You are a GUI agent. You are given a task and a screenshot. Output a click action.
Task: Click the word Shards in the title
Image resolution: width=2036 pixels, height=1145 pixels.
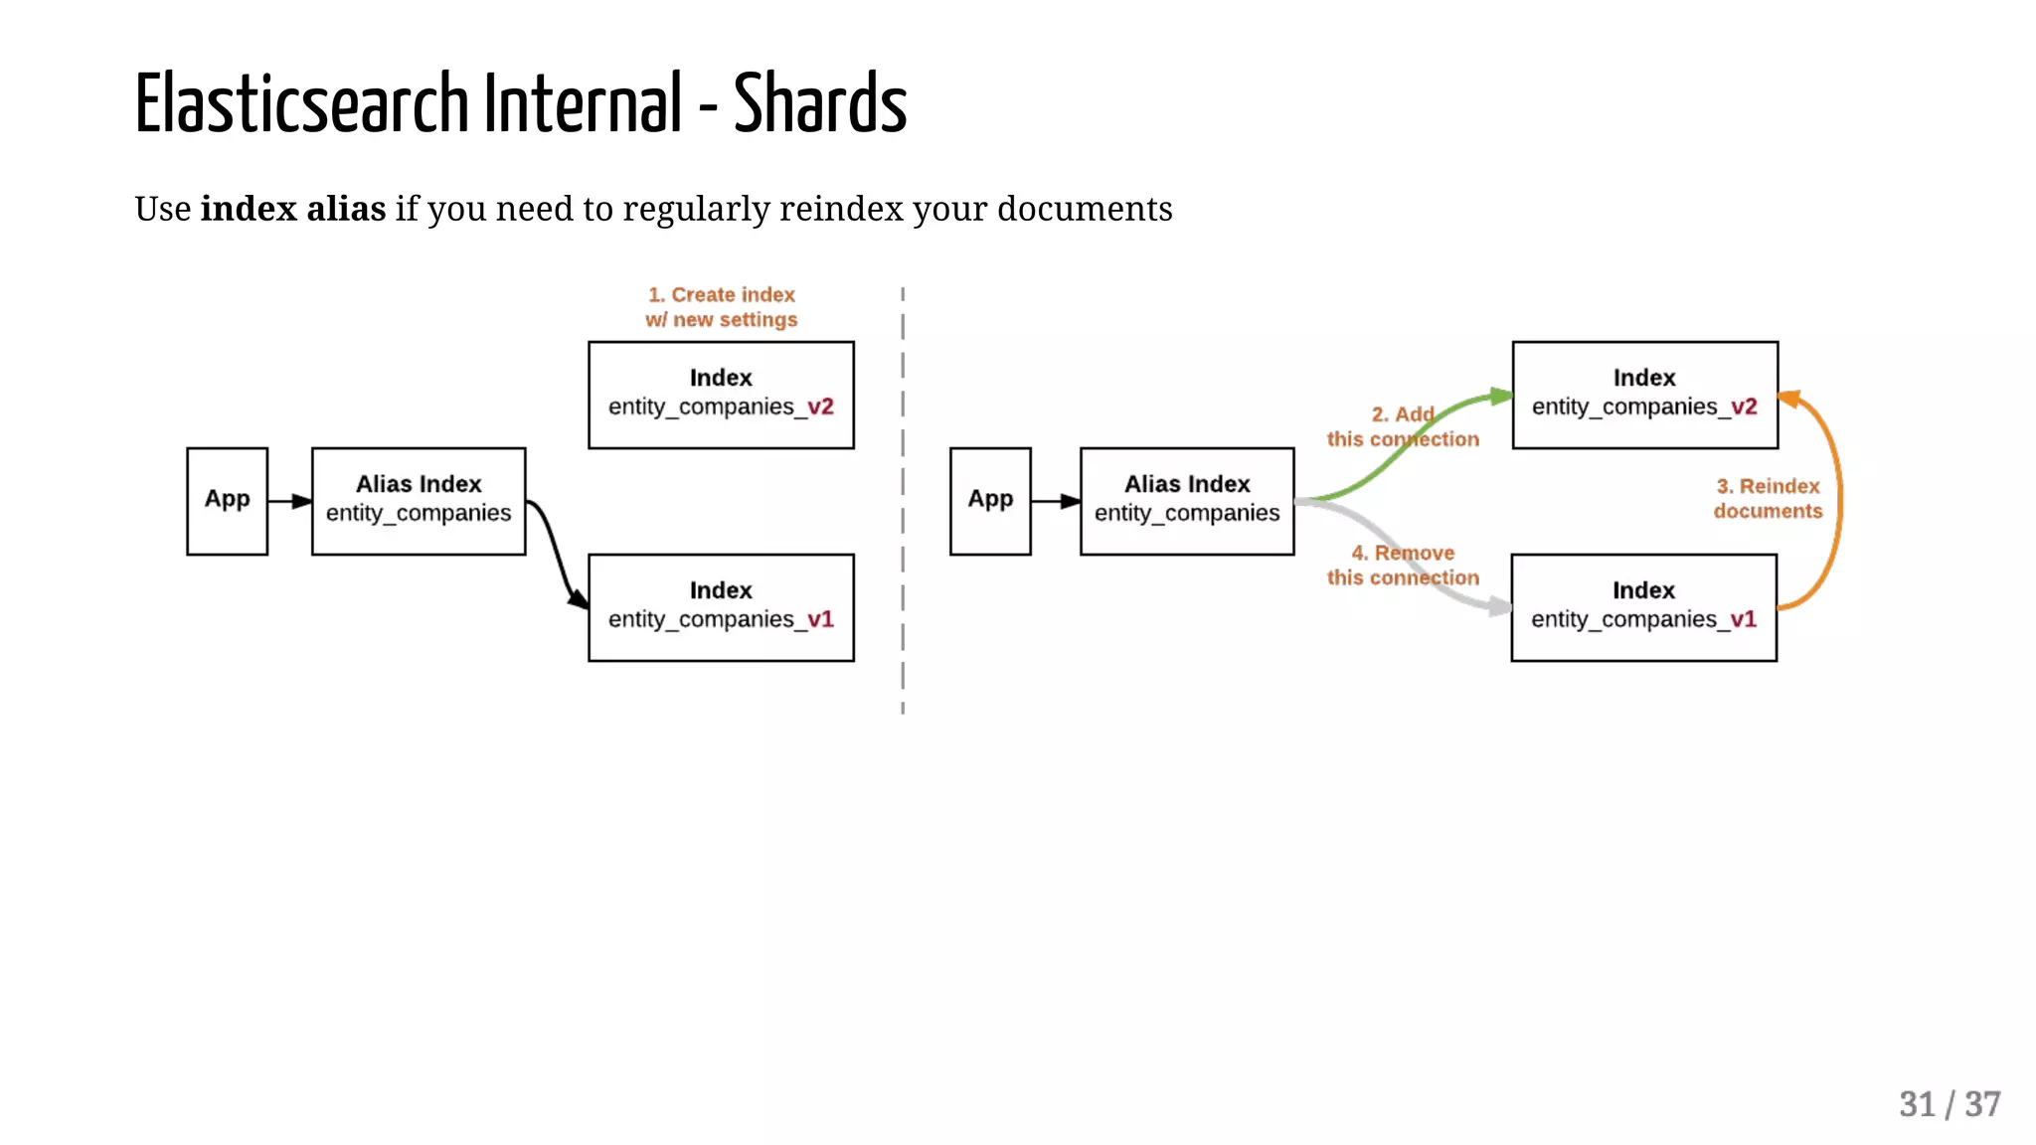[819, 104]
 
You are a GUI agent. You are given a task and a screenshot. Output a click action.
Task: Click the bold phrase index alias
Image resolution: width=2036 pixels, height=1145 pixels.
[292, 209]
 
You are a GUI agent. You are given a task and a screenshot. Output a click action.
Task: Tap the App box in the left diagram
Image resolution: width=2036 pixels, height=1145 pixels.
[227, 500]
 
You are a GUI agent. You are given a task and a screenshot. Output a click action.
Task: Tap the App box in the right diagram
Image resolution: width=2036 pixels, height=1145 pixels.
[990, 500]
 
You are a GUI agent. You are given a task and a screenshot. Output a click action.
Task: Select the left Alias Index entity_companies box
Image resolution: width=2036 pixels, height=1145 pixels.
[419, 500]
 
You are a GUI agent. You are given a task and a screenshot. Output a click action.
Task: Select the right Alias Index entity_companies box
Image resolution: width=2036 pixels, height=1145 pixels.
[1187, 500]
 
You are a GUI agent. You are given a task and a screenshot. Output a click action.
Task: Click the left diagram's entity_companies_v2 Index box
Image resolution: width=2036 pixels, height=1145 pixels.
[721, 395]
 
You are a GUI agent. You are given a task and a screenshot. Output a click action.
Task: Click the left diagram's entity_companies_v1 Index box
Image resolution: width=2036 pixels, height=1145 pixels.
[721, 606]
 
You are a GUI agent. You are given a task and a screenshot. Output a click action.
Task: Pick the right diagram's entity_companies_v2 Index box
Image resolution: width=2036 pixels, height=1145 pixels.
[1644, 395]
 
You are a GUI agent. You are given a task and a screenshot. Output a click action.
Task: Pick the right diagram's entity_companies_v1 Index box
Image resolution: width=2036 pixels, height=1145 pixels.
[1643, 606]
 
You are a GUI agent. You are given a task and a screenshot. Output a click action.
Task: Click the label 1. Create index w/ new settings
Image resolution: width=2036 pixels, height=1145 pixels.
[722, 307]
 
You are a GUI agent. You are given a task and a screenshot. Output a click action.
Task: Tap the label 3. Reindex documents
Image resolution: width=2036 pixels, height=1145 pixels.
[1768, 498]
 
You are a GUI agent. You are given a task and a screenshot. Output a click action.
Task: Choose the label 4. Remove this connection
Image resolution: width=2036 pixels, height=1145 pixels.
[1402, 565]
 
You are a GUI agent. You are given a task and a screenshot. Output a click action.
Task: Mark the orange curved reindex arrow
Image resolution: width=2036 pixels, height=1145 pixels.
[1838, 497]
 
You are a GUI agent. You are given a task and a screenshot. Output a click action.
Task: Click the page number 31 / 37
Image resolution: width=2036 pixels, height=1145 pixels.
[1949, 1104]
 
